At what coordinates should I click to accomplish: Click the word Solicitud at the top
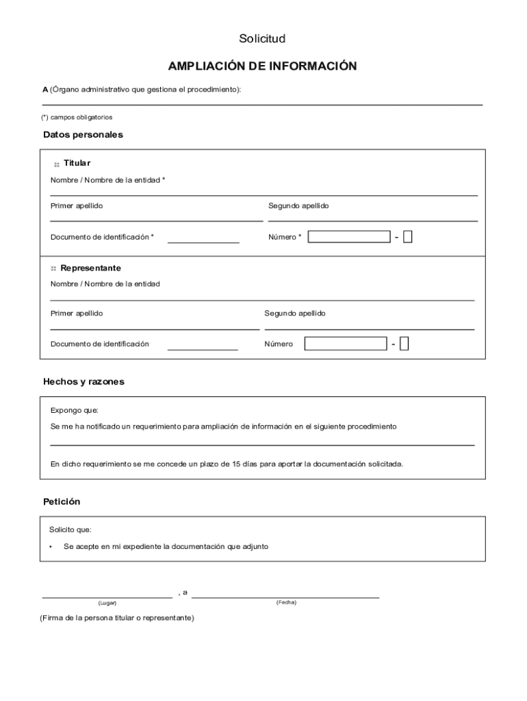point(262,38)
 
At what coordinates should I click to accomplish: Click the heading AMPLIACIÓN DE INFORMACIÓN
point(263,66)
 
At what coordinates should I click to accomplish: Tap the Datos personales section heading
point(83,135)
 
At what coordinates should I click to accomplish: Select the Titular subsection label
point(77,163)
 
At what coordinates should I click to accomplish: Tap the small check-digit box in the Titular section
point(408,237)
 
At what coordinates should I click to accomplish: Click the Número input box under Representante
point(346,344)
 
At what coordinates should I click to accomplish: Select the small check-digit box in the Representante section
point(404,344)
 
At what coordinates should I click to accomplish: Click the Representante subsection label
point(90,268)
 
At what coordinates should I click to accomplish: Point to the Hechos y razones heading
point(83,381)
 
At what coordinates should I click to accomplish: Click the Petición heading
point(62,502)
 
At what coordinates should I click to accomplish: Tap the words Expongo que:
point(74,411)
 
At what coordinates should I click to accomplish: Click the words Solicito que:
point(70,530)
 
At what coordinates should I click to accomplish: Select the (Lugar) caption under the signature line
point(107,603)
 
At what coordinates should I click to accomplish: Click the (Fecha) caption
point(286,602)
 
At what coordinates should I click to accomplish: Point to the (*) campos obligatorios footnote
point(76,117)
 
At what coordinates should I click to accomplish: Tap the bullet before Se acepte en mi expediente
point(51,547)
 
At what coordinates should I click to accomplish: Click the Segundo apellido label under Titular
point(298,205)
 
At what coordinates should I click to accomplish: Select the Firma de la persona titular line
point(117,617)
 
